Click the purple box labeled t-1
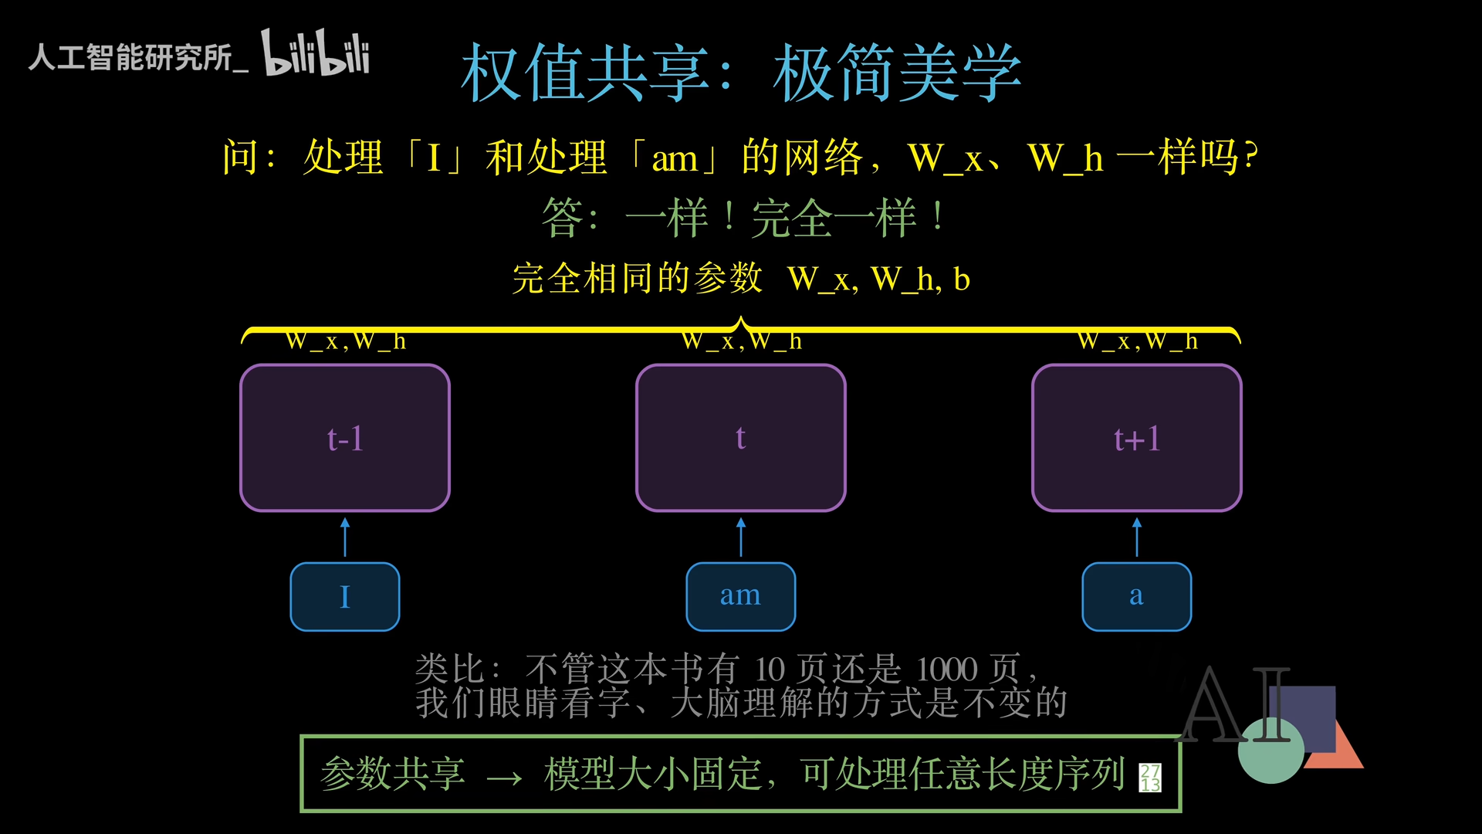(x=345, y=438)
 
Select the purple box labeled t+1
(x=1137, y=438)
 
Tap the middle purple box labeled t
(x=741, y=438)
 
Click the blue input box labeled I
(x=345, y=597)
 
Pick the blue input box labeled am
(x=741, y=597)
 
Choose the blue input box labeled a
(x=1137, y=597)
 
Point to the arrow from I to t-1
(x=345, y=537)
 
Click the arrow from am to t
(x=741, y=537)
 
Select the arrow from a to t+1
(x=1137, y=537)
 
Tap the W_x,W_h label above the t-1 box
(x=345, y=341)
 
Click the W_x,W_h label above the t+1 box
(x=1138, y=341)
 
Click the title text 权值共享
(x=585, y=73)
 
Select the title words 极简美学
(x=898, y=73)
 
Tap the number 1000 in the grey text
(x=947, y=669)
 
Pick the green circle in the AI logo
(x=1271, y=750)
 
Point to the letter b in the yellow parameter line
(x=962, y=279)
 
